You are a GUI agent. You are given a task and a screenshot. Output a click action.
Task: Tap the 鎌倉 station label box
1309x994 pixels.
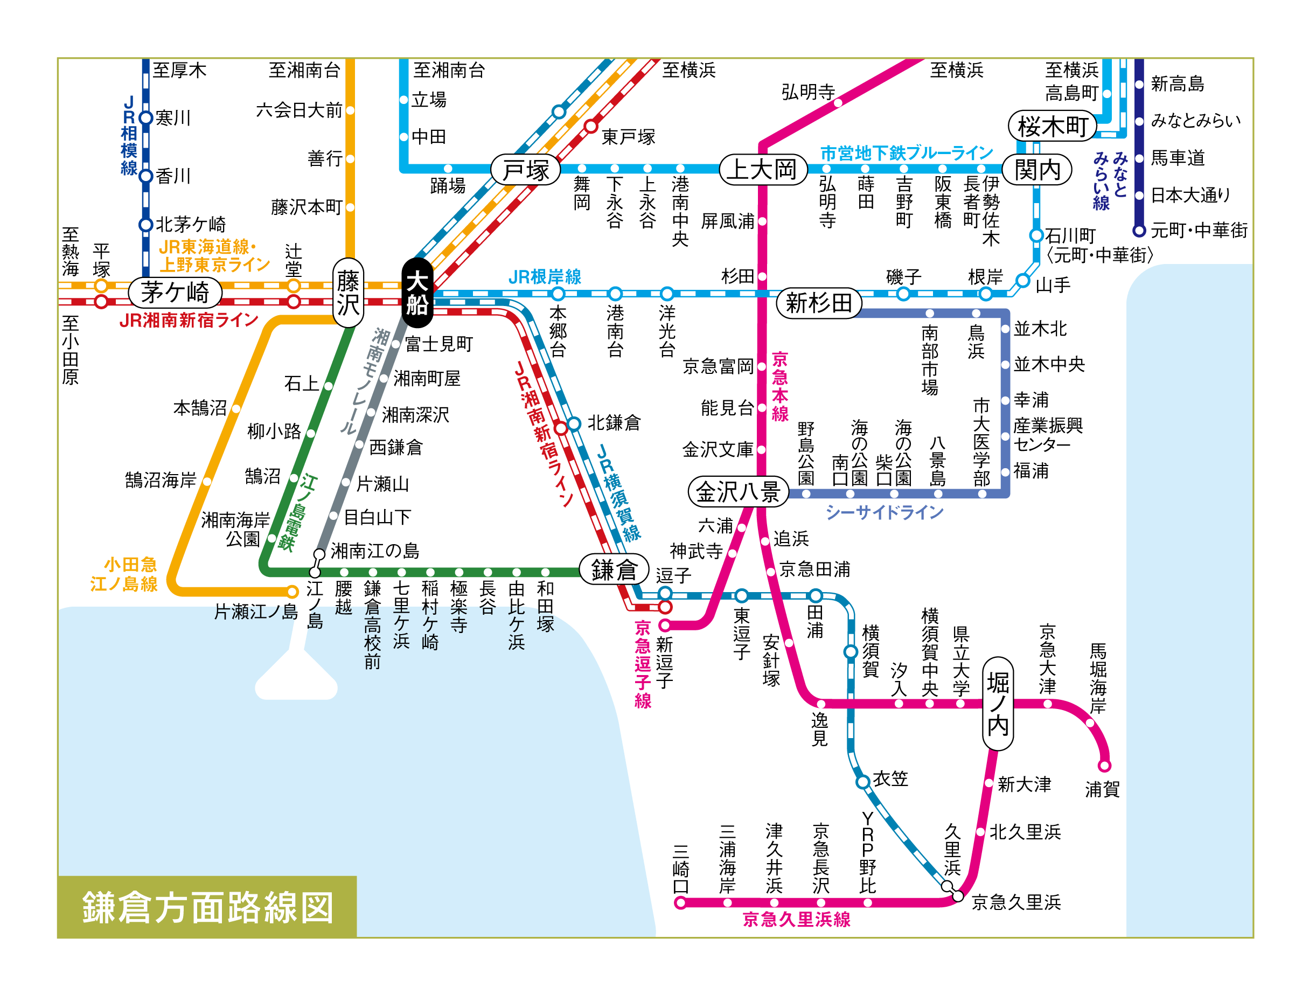click(614, 569)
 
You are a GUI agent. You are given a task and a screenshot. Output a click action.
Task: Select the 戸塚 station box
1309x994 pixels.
click(526, 170)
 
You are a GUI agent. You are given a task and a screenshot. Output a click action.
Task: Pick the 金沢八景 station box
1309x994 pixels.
click(738, 491)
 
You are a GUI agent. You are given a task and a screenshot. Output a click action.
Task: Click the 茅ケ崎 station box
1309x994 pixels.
click(175, 292)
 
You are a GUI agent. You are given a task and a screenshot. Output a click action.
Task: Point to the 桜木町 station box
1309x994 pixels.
click(1053, 126)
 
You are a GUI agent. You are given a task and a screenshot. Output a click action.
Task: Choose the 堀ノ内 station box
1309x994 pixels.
click(998, 704)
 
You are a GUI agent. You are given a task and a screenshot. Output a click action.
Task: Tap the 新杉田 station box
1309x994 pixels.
click(819, 303)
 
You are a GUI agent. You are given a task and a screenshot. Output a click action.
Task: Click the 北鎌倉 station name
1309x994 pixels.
click(614, 423)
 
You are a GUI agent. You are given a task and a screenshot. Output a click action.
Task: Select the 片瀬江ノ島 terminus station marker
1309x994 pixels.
click(292, 592)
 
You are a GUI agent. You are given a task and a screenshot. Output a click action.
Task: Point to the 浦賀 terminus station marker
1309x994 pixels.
click(1104, 766)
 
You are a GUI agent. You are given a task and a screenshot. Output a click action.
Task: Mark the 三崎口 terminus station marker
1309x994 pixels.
click(680, 903)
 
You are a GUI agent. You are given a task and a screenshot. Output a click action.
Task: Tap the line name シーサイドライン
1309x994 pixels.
click(884, 512)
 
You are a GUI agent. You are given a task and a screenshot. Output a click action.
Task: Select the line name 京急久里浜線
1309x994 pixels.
click(797, 920)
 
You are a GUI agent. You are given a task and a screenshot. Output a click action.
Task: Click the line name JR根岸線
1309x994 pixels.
click(545, 276)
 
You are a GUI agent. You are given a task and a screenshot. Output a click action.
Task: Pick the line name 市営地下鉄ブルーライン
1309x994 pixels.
click(907, 154)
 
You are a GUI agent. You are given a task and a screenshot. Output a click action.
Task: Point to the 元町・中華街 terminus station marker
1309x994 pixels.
click(1139, 230)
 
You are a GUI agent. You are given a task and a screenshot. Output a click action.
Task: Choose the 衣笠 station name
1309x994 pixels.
click(890, 778)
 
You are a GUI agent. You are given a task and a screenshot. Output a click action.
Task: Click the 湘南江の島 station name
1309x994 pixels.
click(375, 551)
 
